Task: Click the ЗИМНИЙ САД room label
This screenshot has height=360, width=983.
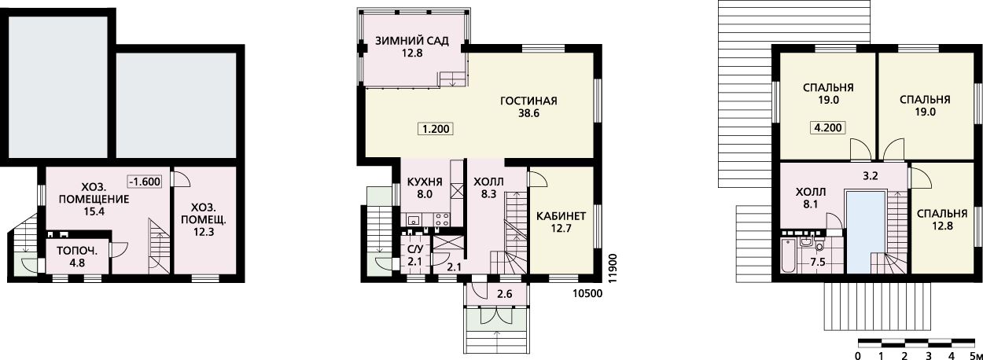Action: [x=411, y=41]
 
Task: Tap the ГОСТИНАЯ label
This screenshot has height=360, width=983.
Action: [x=528, y=101]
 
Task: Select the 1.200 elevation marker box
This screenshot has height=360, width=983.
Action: [x=436, y=129]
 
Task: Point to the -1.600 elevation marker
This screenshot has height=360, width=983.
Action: [x=145, y=181]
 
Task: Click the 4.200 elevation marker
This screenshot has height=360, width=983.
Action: [x=828, y=127]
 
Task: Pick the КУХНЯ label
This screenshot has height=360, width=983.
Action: [x=425, y=182]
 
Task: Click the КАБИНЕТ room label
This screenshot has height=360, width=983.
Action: [x=561, y=216]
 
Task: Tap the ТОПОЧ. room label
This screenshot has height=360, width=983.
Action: [x=77, y=252]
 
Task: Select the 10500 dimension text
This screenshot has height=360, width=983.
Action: [x=587, y=293]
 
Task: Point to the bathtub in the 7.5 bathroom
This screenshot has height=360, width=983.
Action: [x=789, y=255]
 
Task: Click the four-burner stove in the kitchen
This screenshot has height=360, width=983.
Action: [x=441, y=219]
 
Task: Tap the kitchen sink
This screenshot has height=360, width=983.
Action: [x=414, y=219]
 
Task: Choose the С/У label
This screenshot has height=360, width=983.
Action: [x=415, y=250]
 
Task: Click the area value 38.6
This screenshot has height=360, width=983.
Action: [x=528, y=113]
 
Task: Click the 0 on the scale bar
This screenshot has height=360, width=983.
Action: [x=858, y=355]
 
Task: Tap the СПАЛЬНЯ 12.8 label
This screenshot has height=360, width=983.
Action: [x=942, y=219]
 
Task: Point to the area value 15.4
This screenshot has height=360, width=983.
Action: [x=94, y=211]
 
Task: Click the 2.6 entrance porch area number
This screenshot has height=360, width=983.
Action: [x=505, y=294]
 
